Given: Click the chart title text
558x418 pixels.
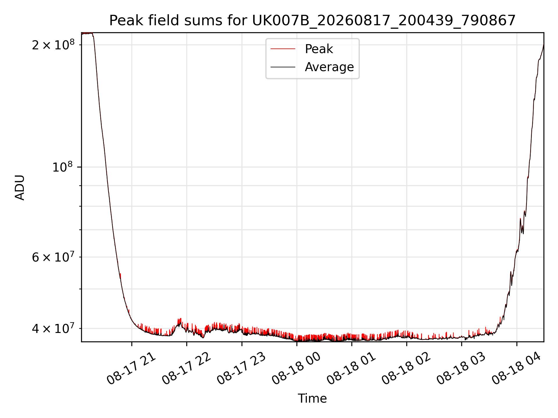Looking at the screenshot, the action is coord(312,21).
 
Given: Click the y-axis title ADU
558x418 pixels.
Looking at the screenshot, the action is coord(20,187).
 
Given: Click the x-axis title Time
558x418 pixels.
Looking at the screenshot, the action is coord(312,399).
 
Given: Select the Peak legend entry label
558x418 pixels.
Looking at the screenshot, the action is coord(319,49).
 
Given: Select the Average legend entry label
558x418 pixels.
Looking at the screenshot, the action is coord(329,67).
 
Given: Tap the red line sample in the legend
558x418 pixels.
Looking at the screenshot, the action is coord(283,49).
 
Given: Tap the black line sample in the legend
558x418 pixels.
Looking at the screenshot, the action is coord(283,67).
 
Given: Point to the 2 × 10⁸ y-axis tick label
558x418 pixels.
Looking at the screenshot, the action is coord(53,45).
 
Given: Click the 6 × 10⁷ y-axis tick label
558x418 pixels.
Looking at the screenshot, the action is coord(53,257).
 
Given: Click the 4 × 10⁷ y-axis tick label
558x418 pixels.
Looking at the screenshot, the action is coord(53,329).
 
